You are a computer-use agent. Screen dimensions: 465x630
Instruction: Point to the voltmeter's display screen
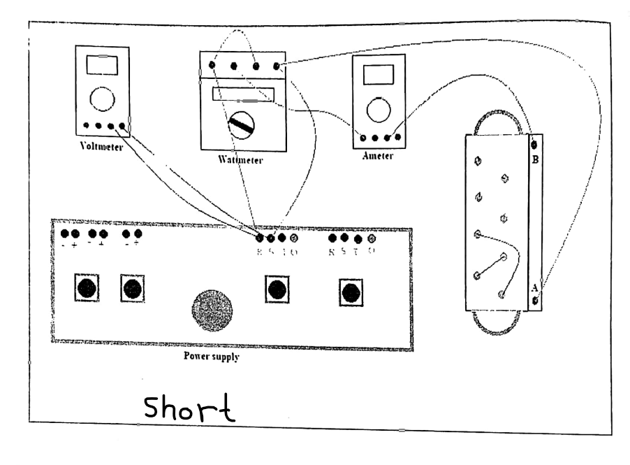coord(102,65)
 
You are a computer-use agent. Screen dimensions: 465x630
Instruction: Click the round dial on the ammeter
coord(379,108)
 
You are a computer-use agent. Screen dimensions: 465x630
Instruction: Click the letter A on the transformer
coord(535,287)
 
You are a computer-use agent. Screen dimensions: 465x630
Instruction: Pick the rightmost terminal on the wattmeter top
coord(277,66)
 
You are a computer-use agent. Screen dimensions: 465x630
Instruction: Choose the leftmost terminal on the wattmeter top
coord(212,66)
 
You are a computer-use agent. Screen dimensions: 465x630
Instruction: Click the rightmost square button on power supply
coord(351,291)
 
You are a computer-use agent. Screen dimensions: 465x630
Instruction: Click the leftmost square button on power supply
coord(87,287)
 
